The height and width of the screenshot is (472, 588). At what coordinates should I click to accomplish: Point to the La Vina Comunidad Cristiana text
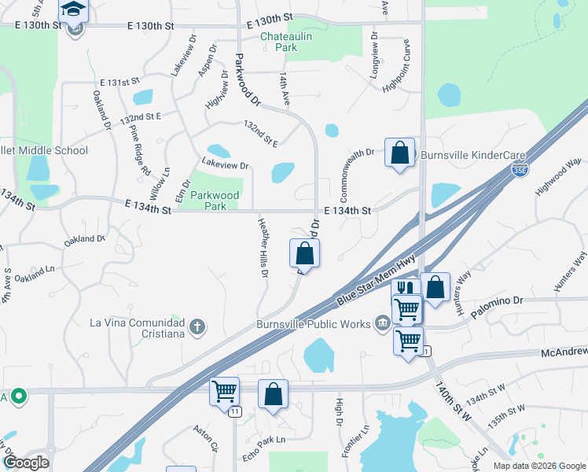137,328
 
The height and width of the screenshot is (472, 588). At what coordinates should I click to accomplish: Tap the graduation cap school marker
75,10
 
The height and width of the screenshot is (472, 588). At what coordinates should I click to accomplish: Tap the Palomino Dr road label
497,301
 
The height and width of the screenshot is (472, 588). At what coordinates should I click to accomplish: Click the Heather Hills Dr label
264,248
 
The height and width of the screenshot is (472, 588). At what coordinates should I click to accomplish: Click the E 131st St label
119,82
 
